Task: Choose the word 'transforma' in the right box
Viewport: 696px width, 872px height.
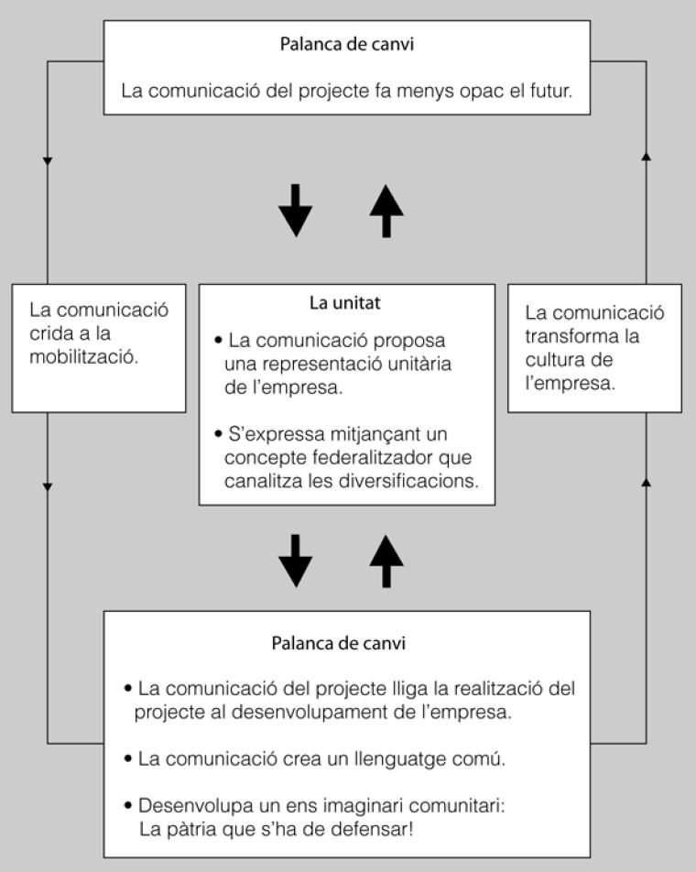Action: click(569, 335)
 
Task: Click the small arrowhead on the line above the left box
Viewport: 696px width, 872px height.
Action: click(48, 161)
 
